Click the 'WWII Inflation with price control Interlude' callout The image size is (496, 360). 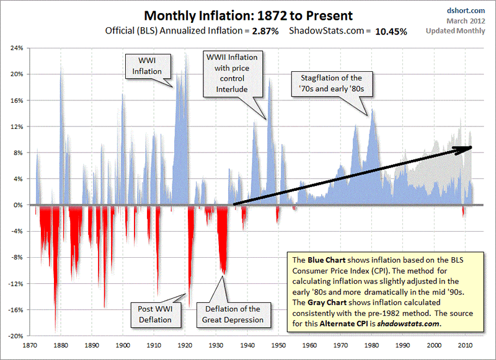[231, 74]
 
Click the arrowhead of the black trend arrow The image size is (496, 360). [468, 147]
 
